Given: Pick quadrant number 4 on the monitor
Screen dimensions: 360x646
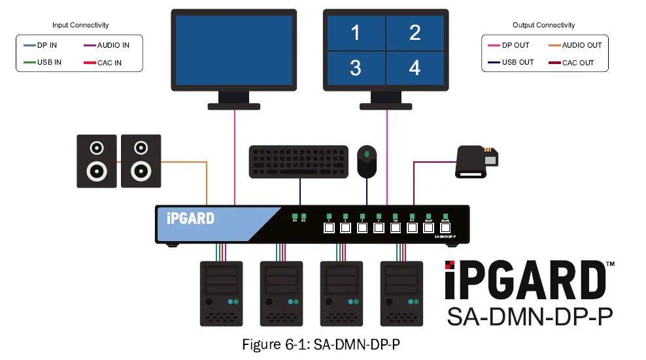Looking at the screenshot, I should coord(415,67).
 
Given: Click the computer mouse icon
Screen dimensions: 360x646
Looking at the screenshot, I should coord(367,161).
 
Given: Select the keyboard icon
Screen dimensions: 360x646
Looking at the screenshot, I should coord(299,161).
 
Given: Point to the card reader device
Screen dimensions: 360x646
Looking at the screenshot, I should coord(476,161).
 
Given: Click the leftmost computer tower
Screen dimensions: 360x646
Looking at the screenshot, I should coord(221,293).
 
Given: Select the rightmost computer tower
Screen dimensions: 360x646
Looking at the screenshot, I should coord(402,293).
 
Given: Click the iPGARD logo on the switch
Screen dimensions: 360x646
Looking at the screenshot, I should coord(190,218).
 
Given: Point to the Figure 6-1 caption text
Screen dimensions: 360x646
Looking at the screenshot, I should coord(320,345).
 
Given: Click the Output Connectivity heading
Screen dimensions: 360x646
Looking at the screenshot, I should coord(543,25).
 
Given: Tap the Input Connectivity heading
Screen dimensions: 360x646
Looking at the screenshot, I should coord(80,25).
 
